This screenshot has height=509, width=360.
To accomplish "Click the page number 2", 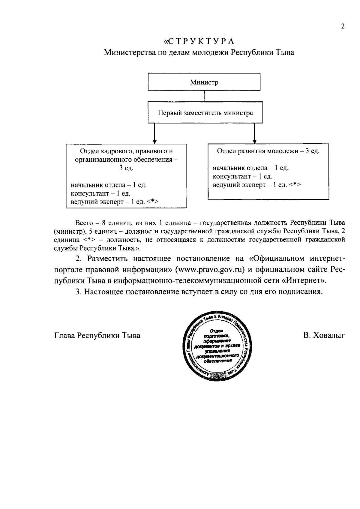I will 343,26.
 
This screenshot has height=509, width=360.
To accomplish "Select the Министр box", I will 204,82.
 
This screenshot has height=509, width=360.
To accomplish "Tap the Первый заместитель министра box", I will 205,113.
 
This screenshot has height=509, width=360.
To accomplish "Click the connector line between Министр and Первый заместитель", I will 204,96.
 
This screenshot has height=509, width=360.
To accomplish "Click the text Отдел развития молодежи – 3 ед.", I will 268,151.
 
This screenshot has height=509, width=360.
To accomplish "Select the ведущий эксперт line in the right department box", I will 256,185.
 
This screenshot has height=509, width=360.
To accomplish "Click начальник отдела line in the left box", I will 109,185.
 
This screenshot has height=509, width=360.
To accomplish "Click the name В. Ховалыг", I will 323,335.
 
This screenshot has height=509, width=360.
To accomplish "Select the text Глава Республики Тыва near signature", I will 97,335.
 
